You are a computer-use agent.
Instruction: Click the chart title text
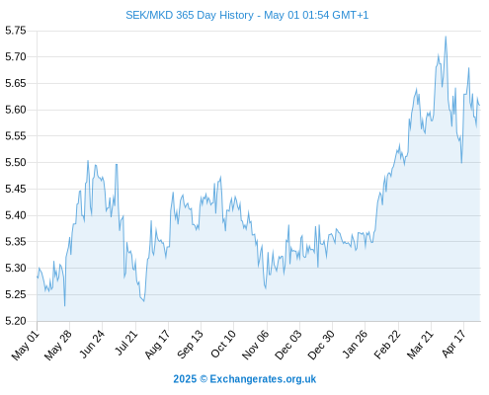tap(247, 15)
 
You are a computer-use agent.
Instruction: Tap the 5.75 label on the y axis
tap(16, 31)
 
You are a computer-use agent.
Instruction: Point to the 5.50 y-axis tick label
tap(16, 163)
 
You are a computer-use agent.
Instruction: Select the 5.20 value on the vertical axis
tap(16, 321)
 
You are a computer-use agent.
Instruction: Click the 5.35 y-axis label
tap(16, 242)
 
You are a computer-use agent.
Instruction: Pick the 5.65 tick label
tap(16, 83)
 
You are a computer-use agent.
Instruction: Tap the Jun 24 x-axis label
tap(92, 344)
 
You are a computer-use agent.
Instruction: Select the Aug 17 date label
tap(157, 344)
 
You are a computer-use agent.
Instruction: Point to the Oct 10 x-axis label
tap(223, 344)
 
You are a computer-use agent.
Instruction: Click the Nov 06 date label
tap(256, 345)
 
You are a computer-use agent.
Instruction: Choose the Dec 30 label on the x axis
tap(321, 345)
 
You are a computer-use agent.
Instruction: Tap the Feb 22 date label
tap(387, 345)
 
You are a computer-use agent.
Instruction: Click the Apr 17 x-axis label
tap(453, 344)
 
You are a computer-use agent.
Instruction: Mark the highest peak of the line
tap(446, 37)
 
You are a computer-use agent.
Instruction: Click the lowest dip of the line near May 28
tap(64, 306)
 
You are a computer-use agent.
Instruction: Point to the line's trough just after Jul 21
tap(144, 301)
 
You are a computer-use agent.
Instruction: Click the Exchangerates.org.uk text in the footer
tap(263, 379)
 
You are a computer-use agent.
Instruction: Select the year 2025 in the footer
tap(185, 379)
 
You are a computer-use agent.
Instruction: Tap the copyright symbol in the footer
tap(204, 379)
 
